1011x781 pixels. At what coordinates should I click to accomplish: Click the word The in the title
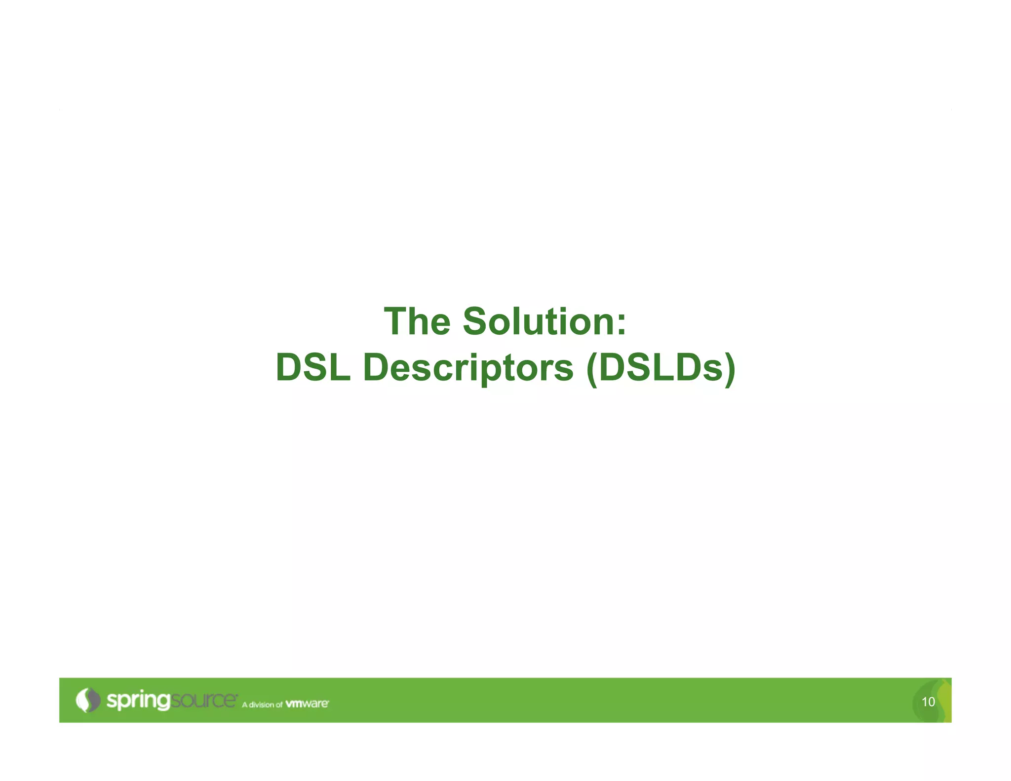click(417, 322)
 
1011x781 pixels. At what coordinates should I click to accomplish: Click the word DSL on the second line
click(313, 368)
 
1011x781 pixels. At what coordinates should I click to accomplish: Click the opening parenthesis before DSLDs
click(592, 369)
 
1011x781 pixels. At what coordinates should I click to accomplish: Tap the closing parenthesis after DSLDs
click(730, 369)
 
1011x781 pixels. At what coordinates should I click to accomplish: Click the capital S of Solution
click(476, 322)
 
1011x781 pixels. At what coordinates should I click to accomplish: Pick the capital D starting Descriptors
click(377, 368)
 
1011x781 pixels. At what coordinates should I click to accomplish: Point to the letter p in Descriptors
click(494, 373)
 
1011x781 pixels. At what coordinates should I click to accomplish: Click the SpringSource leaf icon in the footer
click(88, 700)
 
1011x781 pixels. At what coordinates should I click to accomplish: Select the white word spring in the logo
click(138, 701)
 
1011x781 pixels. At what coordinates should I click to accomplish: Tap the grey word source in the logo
click(203, 700)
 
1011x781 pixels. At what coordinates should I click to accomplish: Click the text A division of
click(262, 704)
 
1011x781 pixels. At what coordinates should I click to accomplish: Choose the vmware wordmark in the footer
click(307, 703)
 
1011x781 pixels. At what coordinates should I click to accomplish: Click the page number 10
click(928, 702)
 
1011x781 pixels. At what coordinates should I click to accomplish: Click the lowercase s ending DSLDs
click(714, 371)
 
